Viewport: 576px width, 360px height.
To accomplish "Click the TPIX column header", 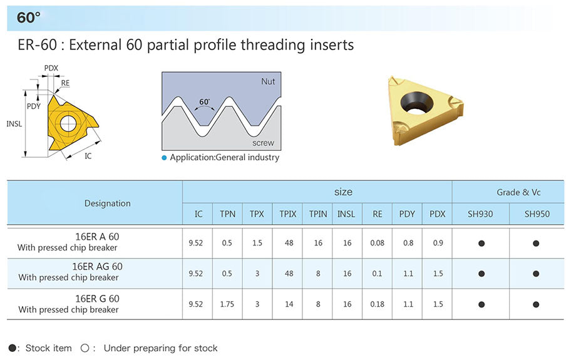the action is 287,214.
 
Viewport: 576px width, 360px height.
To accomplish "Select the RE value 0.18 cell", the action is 378,304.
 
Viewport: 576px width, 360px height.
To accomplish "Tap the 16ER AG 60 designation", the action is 97,266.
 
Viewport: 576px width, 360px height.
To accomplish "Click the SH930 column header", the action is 480,214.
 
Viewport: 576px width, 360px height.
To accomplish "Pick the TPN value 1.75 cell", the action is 227,304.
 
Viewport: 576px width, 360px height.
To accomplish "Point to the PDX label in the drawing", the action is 51,68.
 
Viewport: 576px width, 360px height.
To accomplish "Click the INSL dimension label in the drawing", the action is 14,124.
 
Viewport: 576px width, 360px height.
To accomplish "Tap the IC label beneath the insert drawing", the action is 88,156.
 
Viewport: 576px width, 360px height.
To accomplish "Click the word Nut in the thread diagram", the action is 268,81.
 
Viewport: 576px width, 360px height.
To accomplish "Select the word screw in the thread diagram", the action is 263,143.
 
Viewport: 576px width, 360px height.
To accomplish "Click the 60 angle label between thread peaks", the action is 204,102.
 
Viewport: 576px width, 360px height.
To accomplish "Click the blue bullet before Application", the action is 164,158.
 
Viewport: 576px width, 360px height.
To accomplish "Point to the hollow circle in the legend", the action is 85,348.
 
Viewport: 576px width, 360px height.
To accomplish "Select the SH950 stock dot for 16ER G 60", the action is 536,304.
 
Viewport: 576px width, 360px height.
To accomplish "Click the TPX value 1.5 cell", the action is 257,243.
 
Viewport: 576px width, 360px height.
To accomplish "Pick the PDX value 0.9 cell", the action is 438,243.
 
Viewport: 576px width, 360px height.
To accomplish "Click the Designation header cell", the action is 108,203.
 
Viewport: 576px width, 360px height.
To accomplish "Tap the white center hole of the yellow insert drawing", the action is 68,123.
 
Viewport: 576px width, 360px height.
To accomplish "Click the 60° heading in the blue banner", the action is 28,18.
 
